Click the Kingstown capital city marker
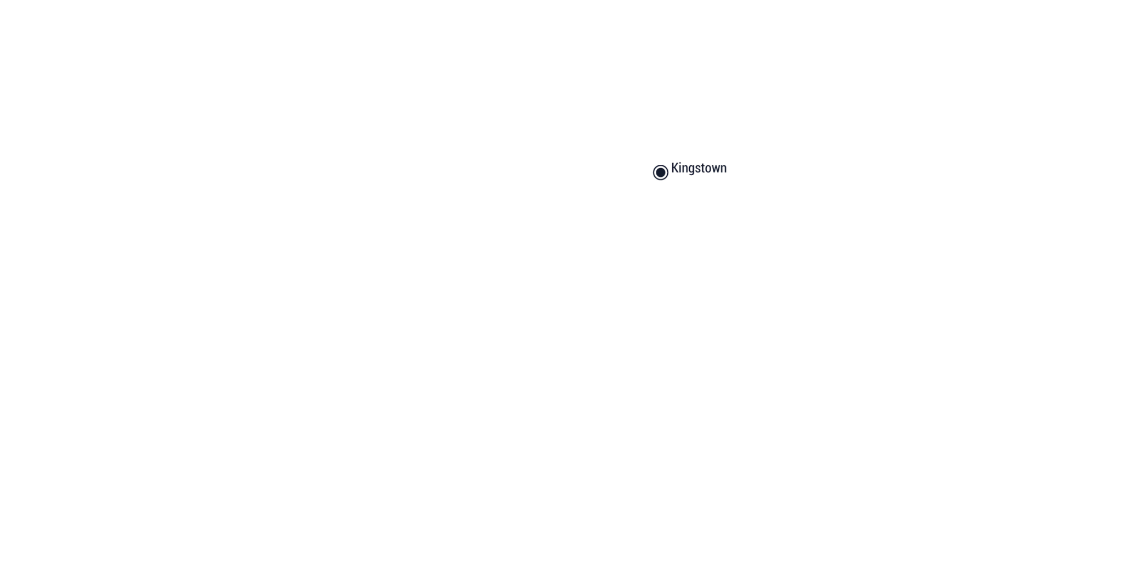pyautogui.click(x=661, y=172)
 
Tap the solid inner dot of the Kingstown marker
pyautogui.click(x=661, y=172)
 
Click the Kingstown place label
pyautogui.click(x=699, y=168)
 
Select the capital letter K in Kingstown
pyautogui.click(x=675, y=168)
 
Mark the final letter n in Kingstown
pyautogui.click(x=724, y=169)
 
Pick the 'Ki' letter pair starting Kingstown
pyautogui.click(x=677, y=168)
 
